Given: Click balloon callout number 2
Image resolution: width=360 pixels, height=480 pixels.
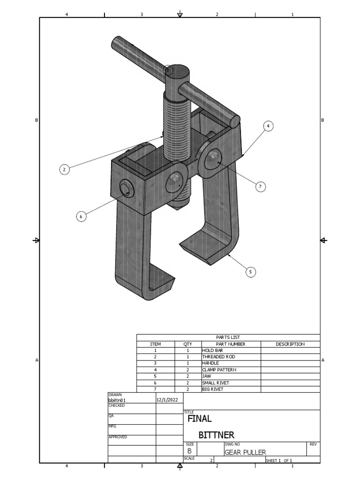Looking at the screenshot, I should pos(65,169).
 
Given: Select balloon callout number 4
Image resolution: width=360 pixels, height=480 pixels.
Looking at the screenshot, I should pos(268,126).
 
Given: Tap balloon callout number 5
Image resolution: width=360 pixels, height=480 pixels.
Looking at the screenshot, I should pos(251,272).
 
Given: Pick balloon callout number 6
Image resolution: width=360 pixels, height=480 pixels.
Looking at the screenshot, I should pos(81,216).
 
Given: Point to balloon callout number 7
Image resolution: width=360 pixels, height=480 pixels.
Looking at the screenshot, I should pos(261,187).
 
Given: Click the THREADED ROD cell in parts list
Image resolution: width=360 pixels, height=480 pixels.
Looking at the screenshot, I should pos(218,357).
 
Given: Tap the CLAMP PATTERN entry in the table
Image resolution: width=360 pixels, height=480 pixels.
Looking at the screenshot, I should pos(219,370).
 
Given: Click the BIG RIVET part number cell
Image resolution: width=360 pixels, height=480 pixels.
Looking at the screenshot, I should pos(213,389).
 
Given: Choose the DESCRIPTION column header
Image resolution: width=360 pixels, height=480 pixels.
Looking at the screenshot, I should pos(290,344).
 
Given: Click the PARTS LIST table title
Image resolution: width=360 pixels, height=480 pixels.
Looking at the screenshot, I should pos(228,337).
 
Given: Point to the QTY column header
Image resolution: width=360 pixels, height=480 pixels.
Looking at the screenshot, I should pos(187,344).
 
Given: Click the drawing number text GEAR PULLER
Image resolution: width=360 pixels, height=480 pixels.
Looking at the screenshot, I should pos(245,452).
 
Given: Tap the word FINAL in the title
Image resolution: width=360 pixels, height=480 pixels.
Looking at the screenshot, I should pos(200,419).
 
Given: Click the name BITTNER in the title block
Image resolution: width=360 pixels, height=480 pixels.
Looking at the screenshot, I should pos(216,435).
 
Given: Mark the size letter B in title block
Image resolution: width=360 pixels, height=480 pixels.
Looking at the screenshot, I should pos(190,451).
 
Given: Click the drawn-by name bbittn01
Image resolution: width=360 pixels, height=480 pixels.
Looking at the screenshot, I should pos(117,401).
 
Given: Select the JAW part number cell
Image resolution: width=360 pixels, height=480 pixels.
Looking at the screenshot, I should pos(207,376).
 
